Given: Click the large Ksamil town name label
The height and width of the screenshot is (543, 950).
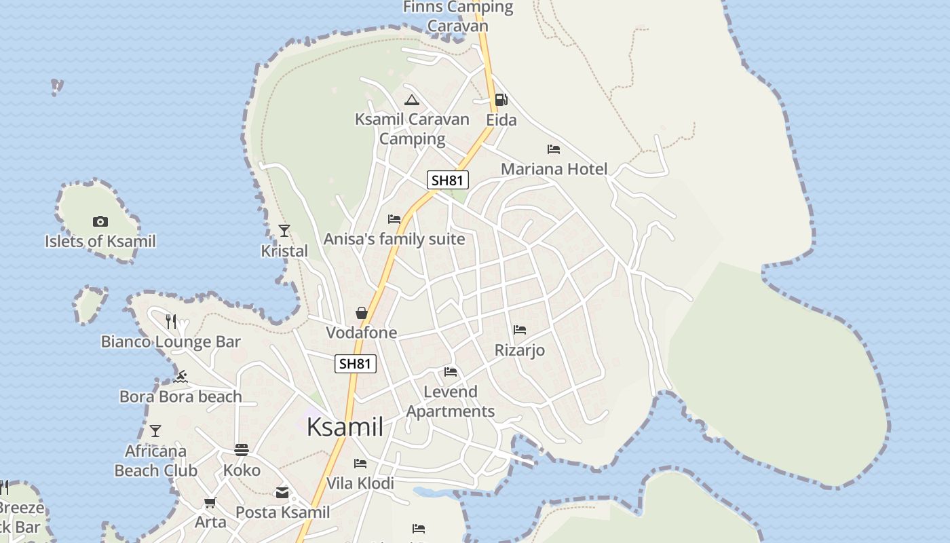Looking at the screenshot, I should [345, 427].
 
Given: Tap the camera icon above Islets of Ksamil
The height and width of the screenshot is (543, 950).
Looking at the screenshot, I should [100, 221].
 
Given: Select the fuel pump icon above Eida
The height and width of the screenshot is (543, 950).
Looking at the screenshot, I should [501, 100].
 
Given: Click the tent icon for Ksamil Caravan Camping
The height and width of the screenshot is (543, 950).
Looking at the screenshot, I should [411, 100].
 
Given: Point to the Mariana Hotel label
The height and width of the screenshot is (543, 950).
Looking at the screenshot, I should [554, 169].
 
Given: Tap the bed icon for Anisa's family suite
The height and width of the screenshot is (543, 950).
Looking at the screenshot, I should [394, 219].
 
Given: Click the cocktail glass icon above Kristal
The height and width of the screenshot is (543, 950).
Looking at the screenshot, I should [284, 231].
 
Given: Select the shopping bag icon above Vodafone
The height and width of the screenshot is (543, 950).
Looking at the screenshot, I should [362, 313].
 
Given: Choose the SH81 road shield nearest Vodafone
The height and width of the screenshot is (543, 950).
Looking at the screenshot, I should [356, 364].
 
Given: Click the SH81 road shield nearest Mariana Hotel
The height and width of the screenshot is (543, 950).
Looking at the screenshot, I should [448, 180].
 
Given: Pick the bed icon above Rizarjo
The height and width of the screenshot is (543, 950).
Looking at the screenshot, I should [520, 330].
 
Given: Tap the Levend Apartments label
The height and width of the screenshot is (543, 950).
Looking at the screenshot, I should [451, 401].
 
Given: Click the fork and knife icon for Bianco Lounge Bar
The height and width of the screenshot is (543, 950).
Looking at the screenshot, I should [171, 321].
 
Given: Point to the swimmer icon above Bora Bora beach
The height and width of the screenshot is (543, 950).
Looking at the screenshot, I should [180, 377].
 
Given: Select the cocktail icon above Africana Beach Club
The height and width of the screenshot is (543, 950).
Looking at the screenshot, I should [155, 431].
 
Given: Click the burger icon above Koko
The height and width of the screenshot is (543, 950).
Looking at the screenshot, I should [242, 450].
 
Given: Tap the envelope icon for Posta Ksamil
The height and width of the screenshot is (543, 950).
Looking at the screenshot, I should [282, 493].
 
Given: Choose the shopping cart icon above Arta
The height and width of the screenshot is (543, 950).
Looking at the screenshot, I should [210, 503].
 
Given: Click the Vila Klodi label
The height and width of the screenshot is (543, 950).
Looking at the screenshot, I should [360, 483].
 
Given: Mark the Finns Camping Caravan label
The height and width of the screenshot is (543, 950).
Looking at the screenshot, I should [458, 16].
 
